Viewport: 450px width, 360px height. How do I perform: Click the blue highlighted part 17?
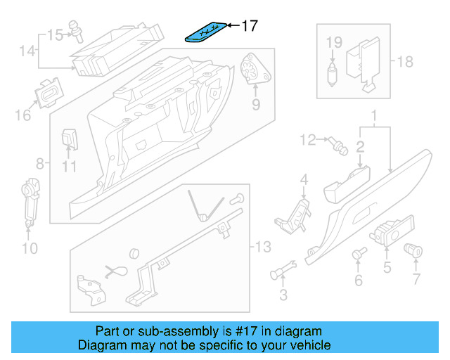pyautogui.click(x=207, y=32)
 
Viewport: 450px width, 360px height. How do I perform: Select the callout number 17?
pyautogui.click(x=250, y=27)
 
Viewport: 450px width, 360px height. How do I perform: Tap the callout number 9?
pyautogui.click(x=255, y=105)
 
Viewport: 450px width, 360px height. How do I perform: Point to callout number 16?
pyautogui.click(x=23, y=113)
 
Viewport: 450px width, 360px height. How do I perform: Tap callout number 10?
pyautogui.click(x=30, y=247)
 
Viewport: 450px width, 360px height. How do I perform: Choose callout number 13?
pyautogui.click(x=262, y=247)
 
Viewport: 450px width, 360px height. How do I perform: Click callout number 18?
pyautogui.click(x=405, y=62)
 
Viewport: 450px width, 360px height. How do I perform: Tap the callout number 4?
pyautogui.click(x=304, y=181)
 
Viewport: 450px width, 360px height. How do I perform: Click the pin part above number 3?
pyautogui.click(x=283, y=269)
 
